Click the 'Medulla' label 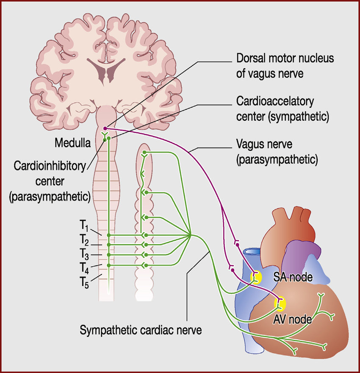72,143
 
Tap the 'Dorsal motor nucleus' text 285,58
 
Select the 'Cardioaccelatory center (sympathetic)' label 282,109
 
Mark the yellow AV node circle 280,303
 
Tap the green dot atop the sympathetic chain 144,152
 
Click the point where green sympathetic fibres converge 191,235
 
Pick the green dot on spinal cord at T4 109,265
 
